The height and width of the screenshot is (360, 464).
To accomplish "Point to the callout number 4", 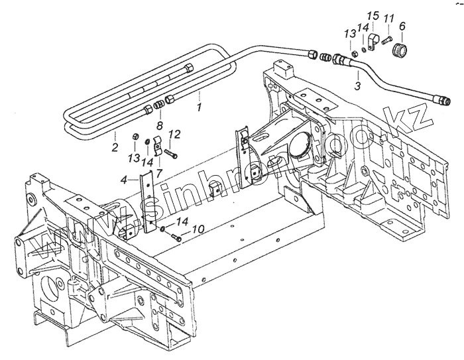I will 123,179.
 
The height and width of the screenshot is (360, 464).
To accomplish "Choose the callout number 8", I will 158,125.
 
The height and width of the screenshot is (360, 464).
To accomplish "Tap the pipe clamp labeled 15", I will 373,44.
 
